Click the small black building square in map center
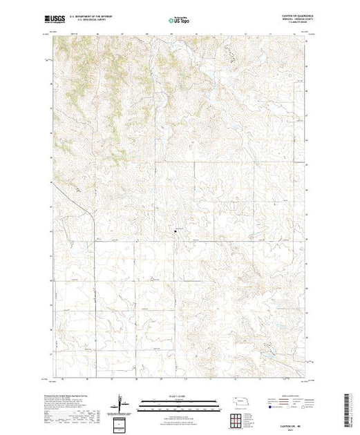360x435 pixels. pyautogui.click(x=174, y=231)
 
